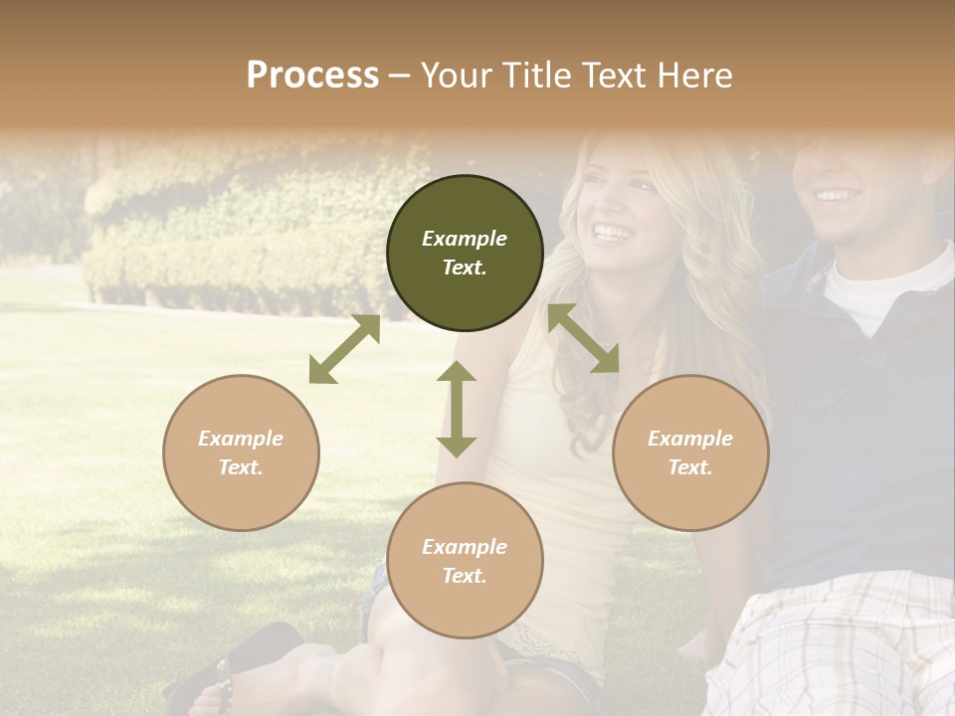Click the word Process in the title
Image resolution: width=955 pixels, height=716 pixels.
(312, 76)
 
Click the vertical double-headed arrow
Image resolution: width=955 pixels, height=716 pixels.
(457, 409)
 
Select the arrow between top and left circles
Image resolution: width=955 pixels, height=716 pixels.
(344, 349)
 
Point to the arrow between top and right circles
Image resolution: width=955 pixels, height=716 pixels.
(584, 338)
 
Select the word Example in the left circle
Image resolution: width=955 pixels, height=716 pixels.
(241, 439)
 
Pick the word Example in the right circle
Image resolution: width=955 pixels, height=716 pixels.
(690, 439)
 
